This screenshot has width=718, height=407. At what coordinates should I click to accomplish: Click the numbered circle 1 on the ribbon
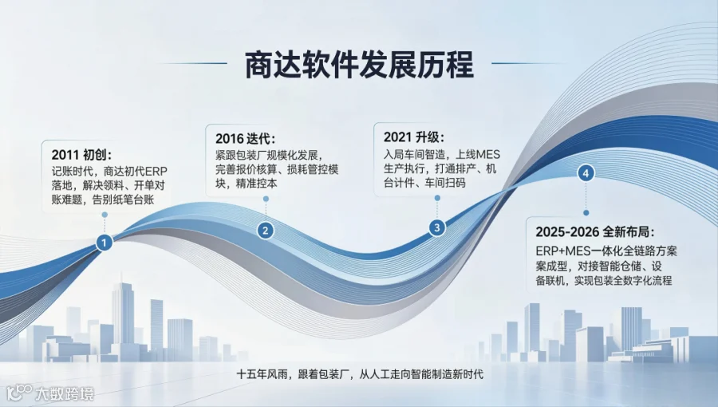click(x=105, y=243)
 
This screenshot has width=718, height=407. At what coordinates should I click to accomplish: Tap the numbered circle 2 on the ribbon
click(x=266, y=230)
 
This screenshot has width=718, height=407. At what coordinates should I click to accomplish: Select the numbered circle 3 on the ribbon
click(x=437, y=227)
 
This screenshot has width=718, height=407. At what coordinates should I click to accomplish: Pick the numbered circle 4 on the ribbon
click(x=586, y=173)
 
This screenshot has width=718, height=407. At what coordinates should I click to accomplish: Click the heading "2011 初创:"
click(x=82, y=155)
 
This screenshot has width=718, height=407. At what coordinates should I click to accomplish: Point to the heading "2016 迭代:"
click(x=246, y=139)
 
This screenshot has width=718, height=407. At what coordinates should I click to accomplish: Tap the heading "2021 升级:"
click(x=414, y=137)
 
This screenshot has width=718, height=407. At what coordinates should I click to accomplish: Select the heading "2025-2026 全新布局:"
click(x=595, y=232)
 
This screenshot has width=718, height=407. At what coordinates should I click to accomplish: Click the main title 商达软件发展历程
click(x=360, y=65)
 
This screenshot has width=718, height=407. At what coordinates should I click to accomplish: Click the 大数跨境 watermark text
click(x=65, y=393)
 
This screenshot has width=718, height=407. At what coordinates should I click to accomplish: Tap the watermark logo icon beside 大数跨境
click(x=20, y=393)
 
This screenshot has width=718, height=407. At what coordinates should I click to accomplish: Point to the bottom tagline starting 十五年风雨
click(x=360, y=374)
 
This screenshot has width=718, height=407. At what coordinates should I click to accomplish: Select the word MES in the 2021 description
click(x=488, y=154)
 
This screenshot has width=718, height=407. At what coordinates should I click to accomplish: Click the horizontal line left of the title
click(x=192, y=63)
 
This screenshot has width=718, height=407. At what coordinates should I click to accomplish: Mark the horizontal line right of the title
click(x=527, y=63)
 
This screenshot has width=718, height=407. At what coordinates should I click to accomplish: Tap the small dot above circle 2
click(x=266, y=199)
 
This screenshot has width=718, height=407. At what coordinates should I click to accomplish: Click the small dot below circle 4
click(x=586, y=212)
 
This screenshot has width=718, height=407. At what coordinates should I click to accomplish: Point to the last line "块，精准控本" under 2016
click(x=247, y=184)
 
